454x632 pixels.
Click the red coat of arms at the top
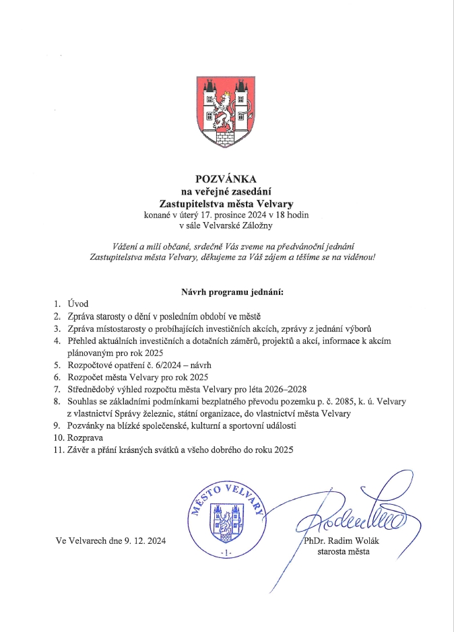tap(227, 109)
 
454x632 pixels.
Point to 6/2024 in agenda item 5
tap(161, 365)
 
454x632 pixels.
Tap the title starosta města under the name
tap(344, 552)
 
